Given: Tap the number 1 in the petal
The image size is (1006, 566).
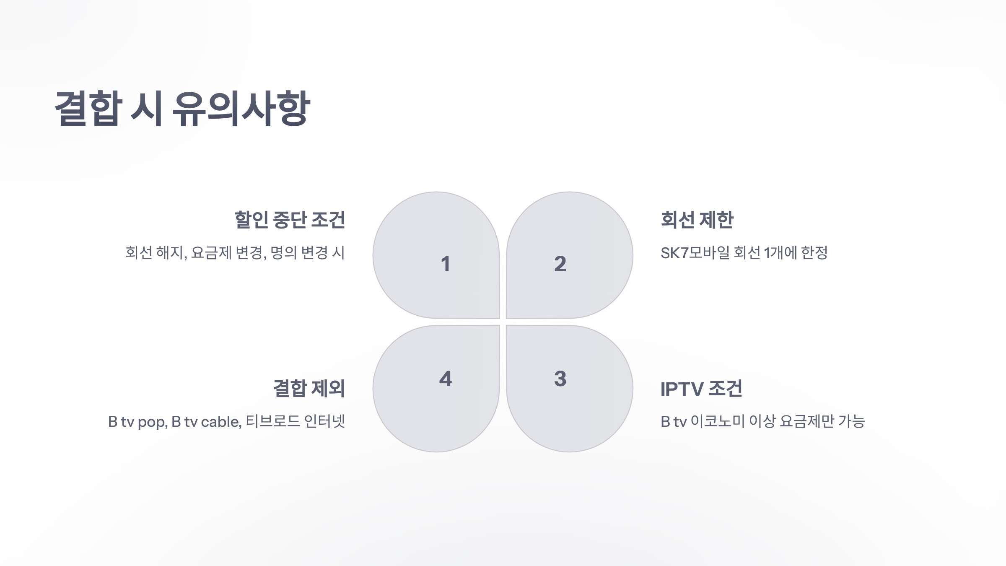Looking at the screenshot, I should pyautogui.click(x=445, y=264).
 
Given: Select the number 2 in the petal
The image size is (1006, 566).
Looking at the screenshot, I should pyautogui.click(x=560, y=264).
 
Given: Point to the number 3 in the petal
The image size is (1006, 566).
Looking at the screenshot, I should pyautogui.click(x=560, y=379).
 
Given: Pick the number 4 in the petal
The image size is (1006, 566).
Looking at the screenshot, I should pyautogui.click(x=445, y=379).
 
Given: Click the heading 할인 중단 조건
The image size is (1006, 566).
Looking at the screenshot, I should pyautogui.click(x=290, y=220).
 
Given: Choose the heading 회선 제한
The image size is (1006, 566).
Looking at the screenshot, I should pyautogui.click(x=697, y=220).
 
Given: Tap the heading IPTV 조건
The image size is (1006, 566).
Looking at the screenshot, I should pyautogui.click(x=701, y=389).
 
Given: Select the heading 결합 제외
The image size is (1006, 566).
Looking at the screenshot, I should pyautogui.click(x=309, y=389).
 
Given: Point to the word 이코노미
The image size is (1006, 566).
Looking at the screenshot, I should pyautogui.click(x=717, y=421).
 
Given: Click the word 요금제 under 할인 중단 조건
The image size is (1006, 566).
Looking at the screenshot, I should pyautogui.click(x=211, y=253).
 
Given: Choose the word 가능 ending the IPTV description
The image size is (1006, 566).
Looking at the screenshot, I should pyautogui.click(x=851, y=421).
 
